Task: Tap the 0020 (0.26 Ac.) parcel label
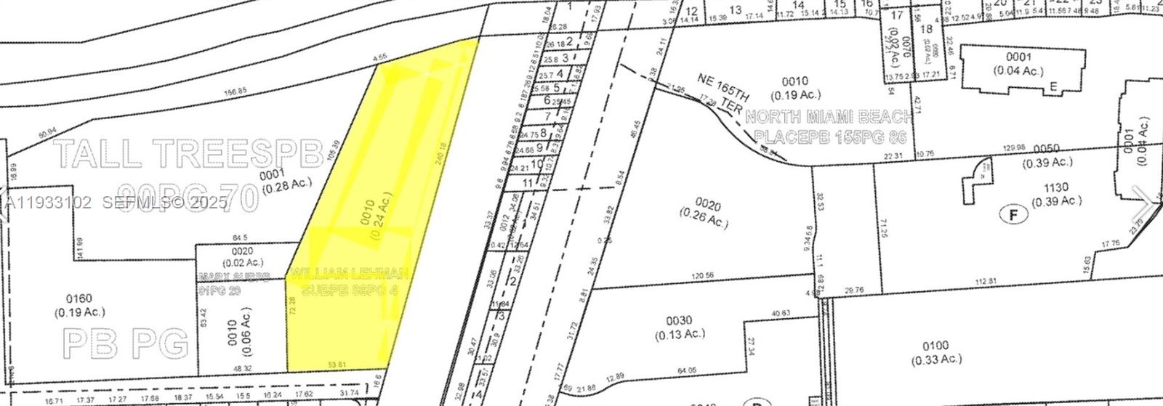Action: click(704, 211)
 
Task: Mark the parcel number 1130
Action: click(1054, 187)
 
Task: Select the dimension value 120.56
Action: click(704, 276)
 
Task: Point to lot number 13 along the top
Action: click(736, 9)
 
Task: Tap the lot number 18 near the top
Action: click(925, 29)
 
